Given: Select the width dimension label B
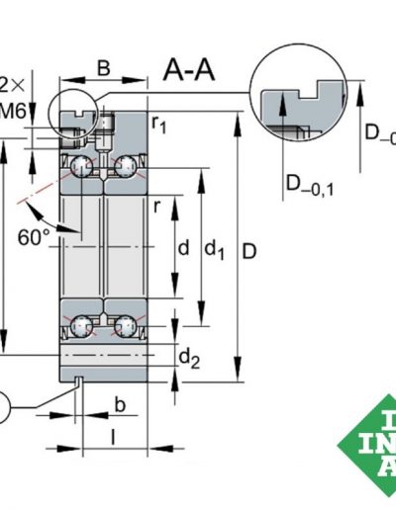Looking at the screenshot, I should [x=104, y=70].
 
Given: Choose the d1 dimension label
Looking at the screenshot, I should [x=215, y=251].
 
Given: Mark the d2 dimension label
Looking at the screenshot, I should [x=189, y=359].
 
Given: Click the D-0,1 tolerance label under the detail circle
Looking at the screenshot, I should [x=309, y=182].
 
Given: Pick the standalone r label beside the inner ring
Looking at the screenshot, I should [x=156, y=206].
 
